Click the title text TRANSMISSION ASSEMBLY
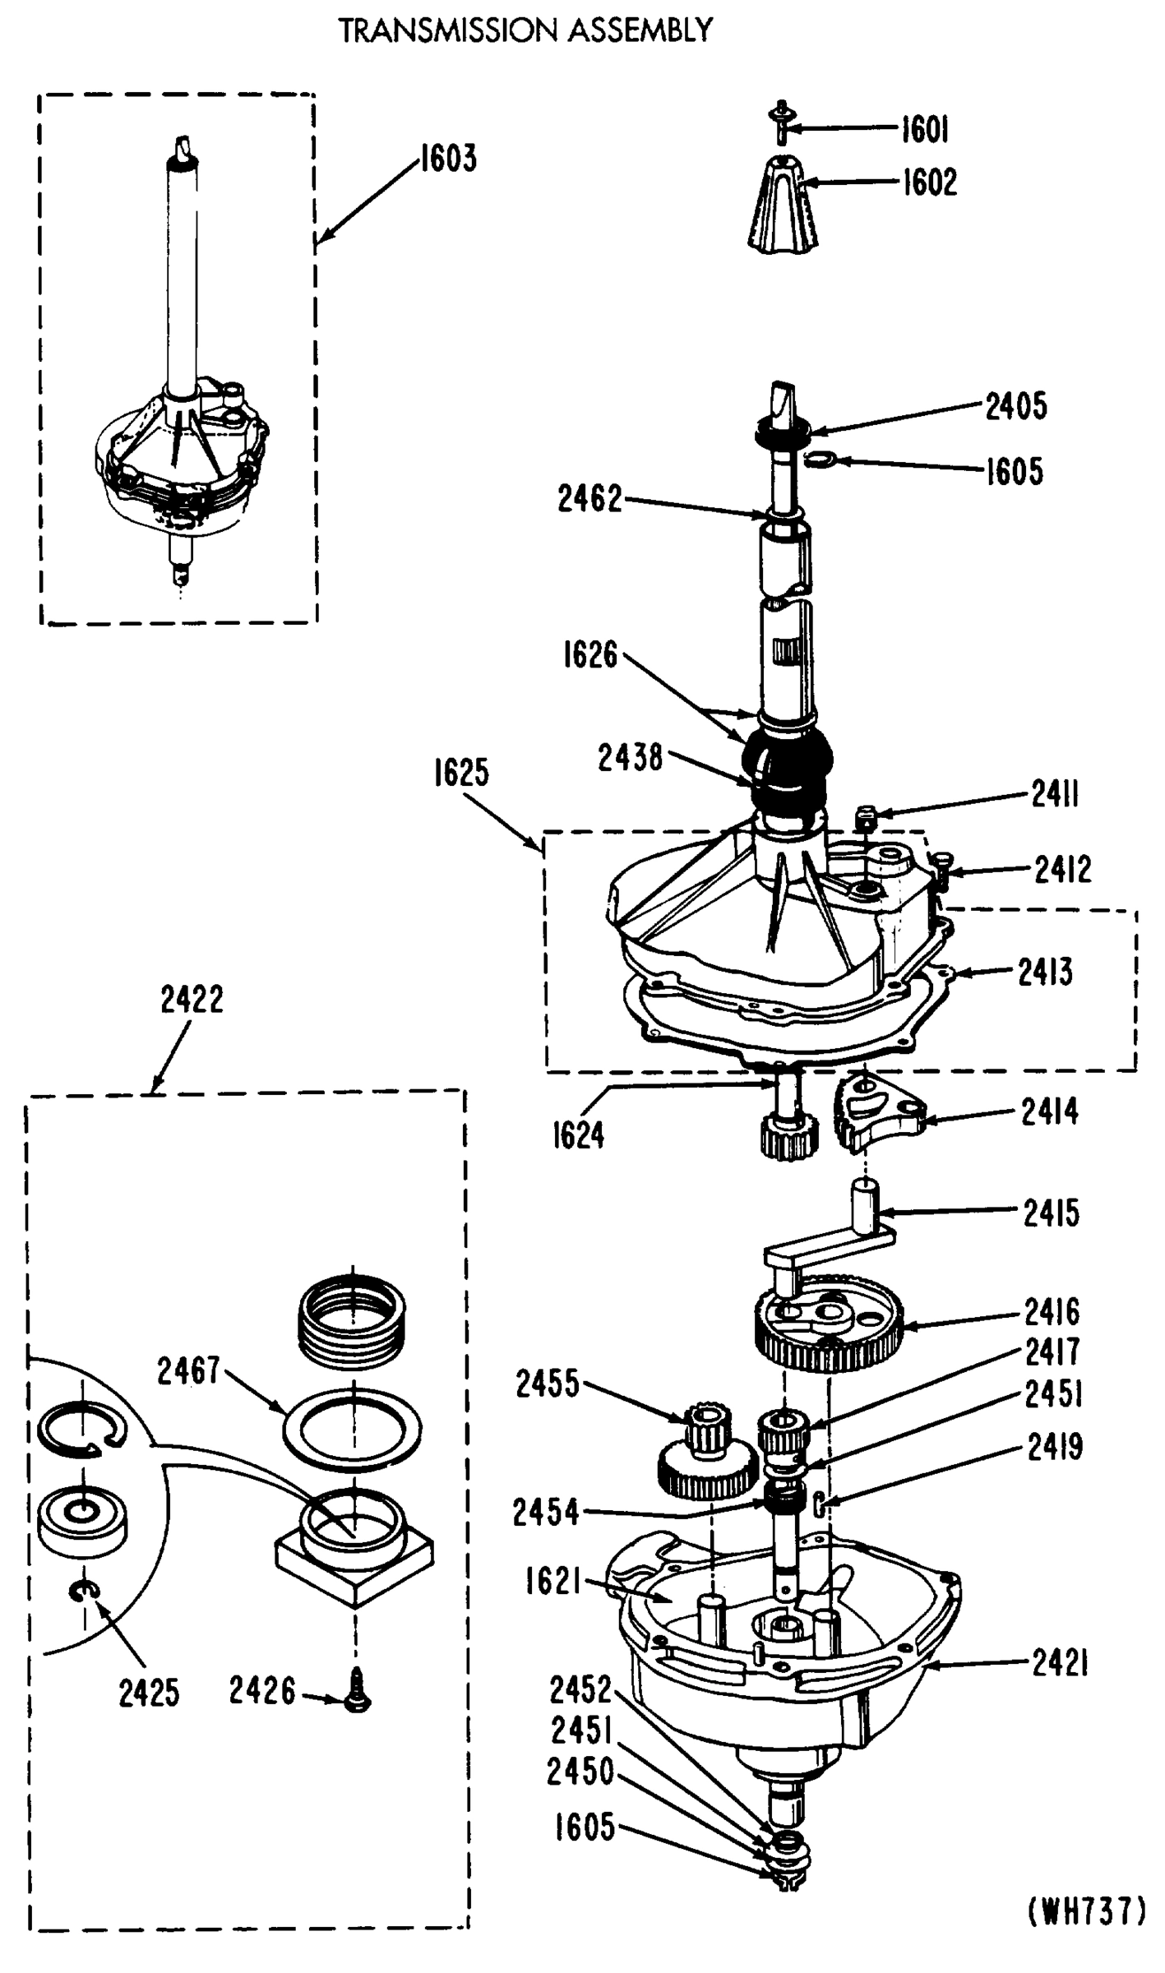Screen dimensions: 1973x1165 [x=525, y=31]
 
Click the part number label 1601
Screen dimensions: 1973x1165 [x=925, y=129]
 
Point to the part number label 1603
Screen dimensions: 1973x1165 [x=448, y=158]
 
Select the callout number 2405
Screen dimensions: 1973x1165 [x=1016, y=406]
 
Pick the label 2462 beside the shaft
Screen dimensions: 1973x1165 [x=589, y=499]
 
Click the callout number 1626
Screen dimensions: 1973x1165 [x=589, y=655]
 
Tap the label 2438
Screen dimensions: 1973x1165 [x=630, y=758]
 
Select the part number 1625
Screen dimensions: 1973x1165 [x=461, y=773]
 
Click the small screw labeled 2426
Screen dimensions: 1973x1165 [x=357, y=1690]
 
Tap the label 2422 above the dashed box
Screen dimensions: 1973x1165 [x=192, y=1000]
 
